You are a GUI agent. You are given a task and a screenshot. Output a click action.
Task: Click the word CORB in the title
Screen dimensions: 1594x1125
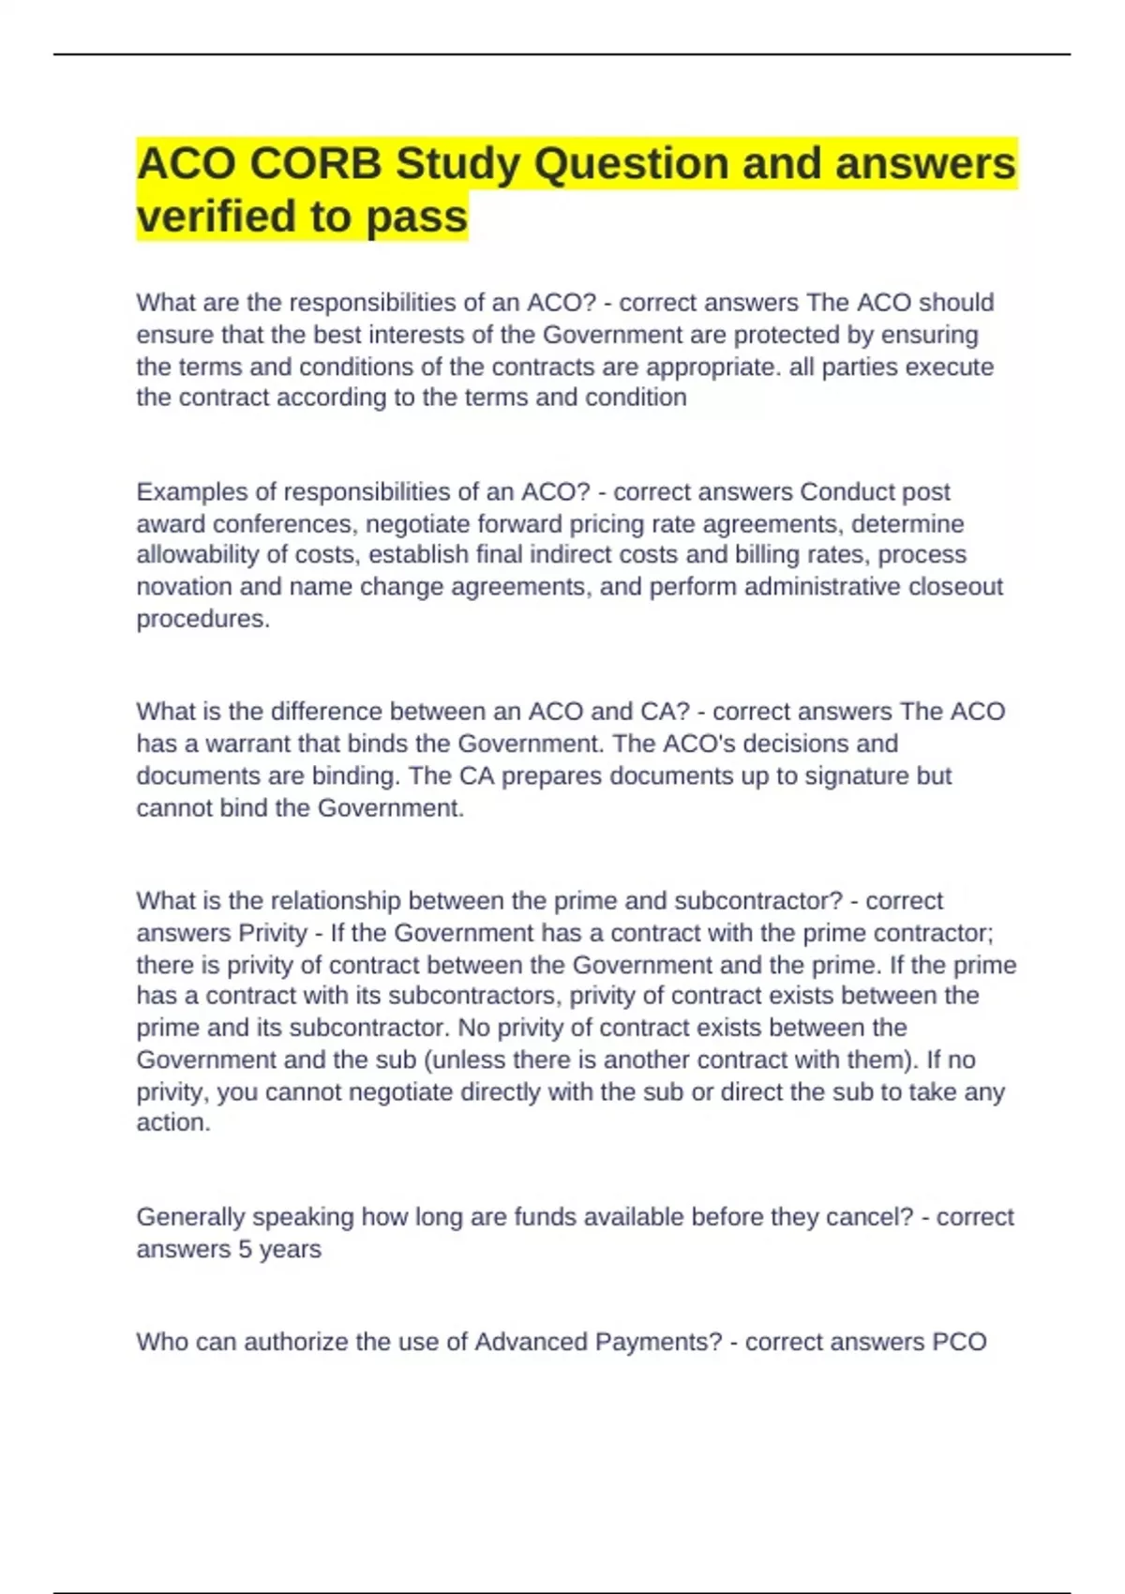(315, 164)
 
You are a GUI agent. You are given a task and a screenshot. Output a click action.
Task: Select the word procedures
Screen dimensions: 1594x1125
(202, 619)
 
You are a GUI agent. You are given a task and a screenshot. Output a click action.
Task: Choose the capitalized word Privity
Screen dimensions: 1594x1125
(272, 933)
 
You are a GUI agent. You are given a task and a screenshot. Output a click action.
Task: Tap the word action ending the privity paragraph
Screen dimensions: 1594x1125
(172, 1122)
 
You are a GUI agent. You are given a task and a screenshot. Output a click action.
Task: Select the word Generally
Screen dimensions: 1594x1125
(190, 1217)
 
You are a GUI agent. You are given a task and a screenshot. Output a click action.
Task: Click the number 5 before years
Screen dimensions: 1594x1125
(246, 1249)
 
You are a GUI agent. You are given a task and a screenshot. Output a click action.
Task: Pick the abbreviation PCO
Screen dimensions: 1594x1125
(959, 1342)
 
